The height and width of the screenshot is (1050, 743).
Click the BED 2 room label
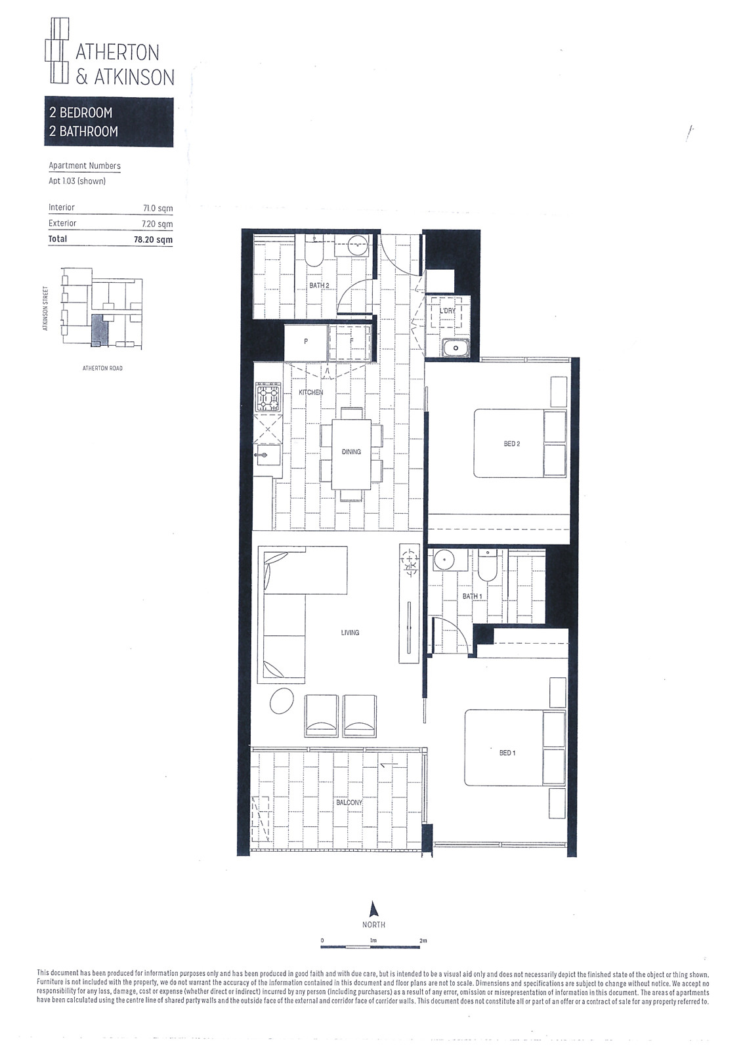tap(511, 444)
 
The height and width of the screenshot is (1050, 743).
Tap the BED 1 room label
tap(507, 753)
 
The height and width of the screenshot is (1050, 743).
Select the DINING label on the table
tap(351, 451)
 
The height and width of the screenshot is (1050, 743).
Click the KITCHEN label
tap(310, 392)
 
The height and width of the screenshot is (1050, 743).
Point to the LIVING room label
tap(350, 633)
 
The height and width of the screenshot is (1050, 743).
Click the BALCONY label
tap(349, 803)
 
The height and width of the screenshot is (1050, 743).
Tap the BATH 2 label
tap(319, 285)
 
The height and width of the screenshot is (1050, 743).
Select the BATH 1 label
tap(472, 597)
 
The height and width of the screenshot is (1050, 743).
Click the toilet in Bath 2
tap(314, 253)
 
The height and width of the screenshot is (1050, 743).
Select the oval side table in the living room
tap(282, 700)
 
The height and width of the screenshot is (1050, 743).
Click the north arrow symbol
tap(373, 909)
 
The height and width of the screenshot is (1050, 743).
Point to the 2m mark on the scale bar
tap(423, 941)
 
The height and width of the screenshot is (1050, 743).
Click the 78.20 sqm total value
tap(153, 240)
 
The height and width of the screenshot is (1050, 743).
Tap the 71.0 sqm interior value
tap(158, 208)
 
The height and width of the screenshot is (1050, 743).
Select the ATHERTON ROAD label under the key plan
tap(102, 368)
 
